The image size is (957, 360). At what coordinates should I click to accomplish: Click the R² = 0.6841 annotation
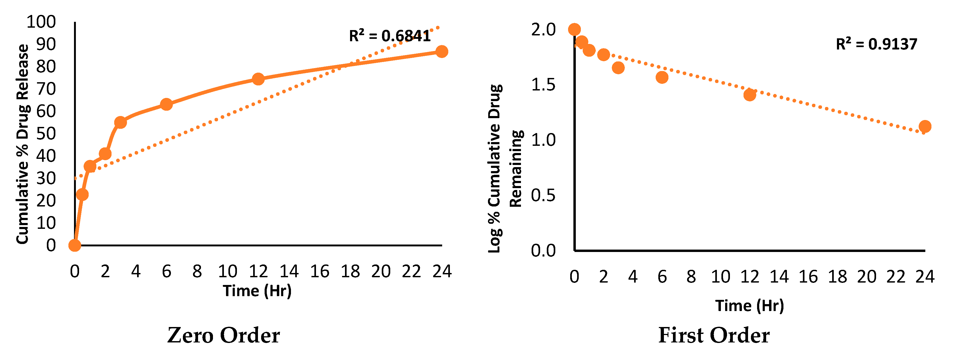click(390, 36)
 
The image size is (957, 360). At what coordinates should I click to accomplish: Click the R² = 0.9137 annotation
click(876, 44)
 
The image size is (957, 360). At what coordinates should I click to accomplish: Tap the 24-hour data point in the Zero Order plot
click(441, 52)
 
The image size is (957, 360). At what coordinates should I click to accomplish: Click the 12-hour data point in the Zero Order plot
click(258, 79)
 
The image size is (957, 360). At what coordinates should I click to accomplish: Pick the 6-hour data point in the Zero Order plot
click(166, 104)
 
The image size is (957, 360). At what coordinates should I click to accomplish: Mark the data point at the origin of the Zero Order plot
click(75, 245)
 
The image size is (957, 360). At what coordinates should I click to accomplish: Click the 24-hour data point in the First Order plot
click(925, 126)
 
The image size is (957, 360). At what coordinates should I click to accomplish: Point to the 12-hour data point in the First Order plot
click(750, 95)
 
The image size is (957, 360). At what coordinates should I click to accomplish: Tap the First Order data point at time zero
click(574, 29)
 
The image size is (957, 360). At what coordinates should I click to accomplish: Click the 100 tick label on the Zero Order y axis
click(41, 22)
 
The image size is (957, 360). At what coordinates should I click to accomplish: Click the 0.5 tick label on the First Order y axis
click(543, 195)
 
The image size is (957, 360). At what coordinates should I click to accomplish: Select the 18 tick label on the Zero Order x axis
click(350, 272)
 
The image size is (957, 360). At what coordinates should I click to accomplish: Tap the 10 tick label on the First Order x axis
click(720, 277)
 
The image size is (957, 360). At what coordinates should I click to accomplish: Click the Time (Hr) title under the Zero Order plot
click(257, 291)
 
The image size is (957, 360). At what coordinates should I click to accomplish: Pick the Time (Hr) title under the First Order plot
click(749, 306)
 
